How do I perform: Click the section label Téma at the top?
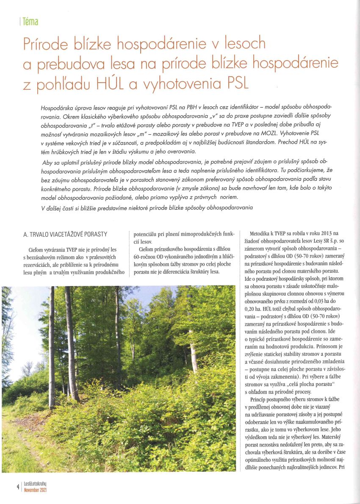point(31,21)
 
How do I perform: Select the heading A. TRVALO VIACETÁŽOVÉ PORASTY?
point(65,234)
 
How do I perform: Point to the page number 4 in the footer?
point(17,487)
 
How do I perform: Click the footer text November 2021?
point(35,490)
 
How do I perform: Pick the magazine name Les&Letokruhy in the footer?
point(35,484)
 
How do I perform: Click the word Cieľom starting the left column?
point(35,249)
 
